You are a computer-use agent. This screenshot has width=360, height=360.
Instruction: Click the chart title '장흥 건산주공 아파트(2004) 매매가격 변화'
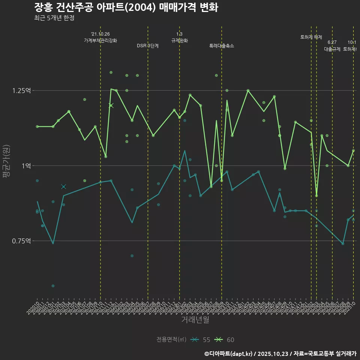click(126, 7)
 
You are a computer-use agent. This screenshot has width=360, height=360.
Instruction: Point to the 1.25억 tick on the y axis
click(23, 91)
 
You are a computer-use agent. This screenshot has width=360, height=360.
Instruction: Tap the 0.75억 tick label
click(23, 241)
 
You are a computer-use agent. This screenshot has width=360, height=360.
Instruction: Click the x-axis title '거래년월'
click(195, 319)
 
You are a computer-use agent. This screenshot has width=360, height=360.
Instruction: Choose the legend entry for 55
click(201, 340)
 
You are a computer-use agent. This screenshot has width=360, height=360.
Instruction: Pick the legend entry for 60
click(225, 340)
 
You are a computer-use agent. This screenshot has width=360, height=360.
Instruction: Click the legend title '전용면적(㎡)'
click(171, 340)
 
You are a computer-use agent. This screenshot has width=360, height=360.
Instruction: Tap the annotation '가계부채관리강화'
click(100, 40)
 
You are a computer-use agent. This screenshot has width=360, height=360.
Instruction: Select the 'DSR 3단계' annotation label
click(148, 46)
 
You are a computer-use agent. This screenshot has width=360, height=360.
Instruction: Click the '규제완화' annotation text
click(179, 40)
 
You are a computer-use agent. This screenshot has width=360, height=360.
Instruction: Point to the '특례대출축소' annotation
click(222, 46)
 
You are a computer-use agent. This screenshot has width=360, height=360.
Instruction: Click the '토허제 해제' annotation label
click(311, 37)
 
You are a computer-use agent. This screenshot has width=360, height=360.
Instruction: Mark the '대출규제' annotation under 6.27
click(332, 49)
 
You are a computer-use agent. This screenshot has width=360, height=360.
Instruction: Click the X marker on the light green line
click(111, 105)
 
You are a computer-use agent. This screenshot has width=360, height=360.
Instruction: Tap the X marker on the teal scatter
click(63, 186)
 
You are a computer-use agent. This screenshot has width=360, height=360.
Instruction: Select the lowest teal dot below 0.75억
click(53, 286)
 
